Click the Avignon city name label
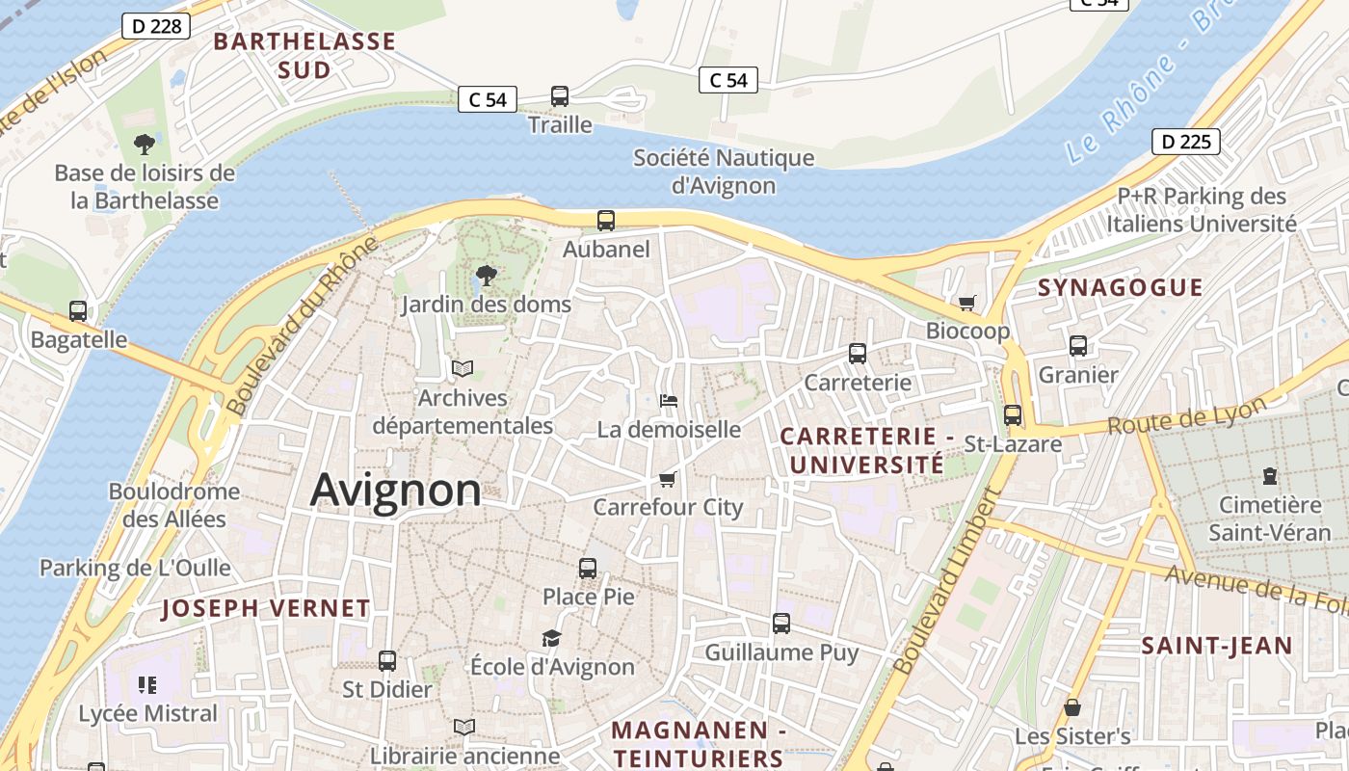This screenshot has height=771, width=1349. coord(395,490)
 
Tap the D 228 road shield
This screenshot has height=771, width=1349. coord(154,26)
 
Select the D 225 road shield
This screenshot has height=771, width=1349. coord(1185,142)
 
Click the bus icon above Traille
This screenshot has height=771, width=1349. coord(560,96)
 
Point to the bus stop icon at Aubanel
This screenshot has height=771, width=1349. coord(606,221)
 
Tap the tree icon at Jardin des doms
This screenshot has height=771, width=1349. coord(487,277)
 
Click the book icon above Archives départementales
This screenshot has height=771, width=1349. coord(463,368)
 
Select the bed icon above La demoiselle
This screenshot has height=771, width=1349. coord(669,400)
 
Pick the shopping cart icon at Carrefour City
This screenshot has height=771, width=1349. coord(667,479)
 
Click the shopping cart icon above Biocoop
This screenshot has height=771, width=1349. coord(967,303)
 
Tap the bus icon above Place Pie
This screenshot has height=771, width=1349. coord(588,569)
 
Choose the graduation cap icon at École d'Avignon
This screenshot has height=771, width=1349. coord(551,638)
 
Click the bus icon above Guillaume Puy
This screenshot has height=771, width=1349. coord(781,624)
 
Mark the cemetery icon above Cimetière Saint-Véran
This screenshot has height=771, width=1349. coord(1270,476)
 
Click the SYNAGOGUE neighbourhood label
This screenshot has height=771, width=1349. coord(1120,287)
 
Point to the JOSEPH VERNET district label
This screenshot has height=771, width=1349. coord(265,608)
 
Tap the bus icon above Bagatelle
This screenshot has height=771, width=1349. coord(78,311)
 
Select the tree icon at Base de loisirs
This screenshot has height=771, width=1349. coord(145,145)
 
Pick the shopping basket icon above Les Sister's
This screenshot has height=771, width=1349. coord(1071,708)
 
